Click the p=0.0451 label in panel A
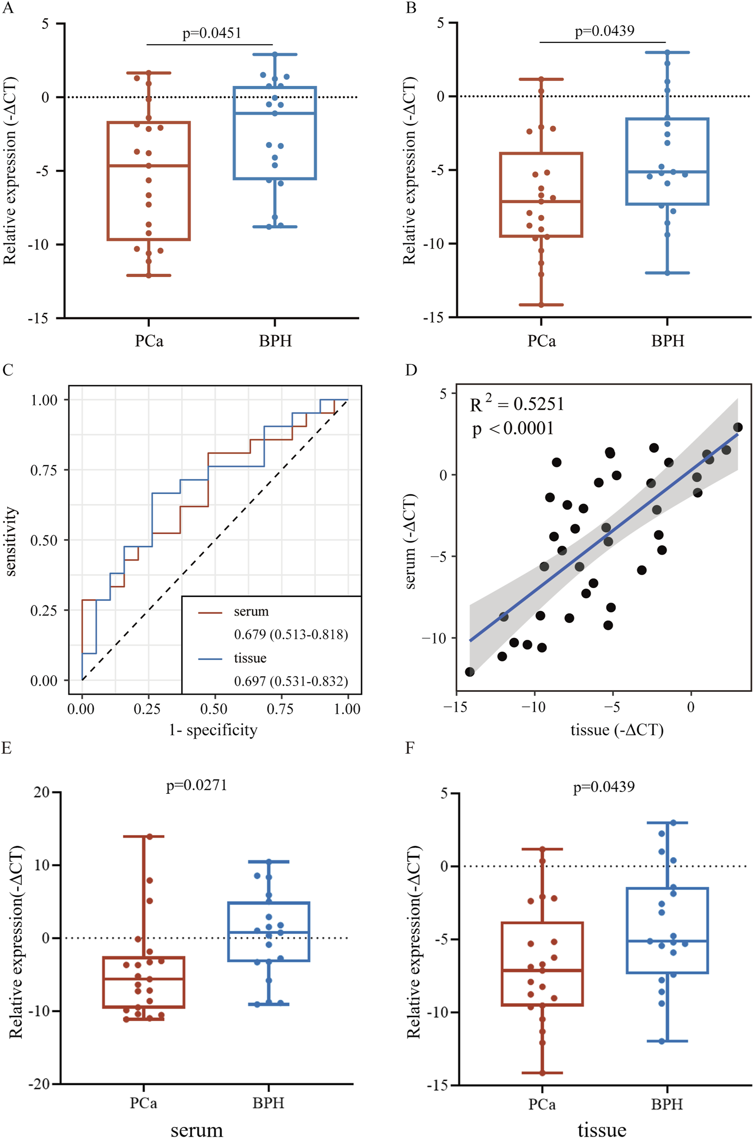[212, 33]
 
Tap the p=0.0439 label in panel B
[604, 31]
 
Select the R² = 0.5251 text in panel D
[516, 404]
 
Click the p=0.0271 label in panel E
[196, 785]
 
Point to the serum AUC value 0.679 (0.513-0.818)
[291, 635]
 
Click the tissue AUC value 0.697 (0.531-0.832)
[291, 681]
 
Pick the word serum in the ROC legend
[251, 612]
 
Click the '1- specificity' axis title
[213, 730]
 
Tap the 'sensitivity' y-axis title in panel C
[11, 541]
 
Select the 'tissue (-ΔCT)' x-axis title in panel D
[617, 730]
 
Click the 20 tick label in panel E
[42, 792]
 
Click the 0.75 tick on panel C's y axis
[44, 470]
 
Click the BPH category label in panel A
[275, 341]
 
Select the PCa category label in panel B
[541, 341]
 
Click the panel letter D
[411, 370]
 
